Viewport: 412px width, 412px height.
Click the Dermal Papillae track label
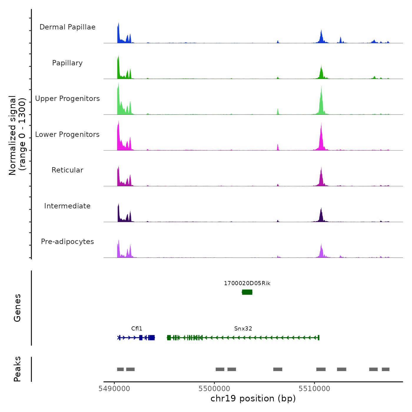(67, 27)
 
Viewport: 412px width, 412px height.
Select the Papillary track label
(67, 63)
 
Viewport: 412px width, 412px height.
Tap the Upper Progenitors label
(67, 99)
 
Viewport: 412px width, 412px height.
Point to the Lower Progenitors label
(67, 134)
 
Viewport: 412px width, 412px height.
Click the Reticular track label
(67, 170)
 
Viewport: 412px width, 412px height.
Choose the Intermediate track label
(67, 206)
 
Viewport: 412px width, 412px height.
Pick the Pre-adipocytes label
(67, 242)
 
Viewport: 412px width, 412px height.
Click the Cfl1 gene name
(137, 328)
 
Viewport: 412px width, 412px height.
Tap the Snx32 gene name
(243, 328)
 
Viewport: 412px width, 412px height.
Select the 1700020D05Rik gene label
(247, 283)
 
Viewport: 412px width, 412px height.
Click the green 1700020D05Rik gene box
(247, 292)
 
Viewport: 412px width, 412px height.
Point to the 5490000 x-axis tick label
(114, 389)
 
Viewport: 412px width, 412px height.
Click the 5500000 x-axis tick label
(214, 389)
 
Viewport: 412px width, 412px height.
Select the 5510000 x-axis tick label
(314, 389)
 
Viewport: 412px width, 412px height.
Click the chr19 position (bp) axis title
(253, 398)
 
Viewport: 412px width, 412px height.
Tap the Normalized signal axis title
(17, 135)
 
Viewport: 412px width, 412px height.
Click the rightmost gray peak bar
(386, 369)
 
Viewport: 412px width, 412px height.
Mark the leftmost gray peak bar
(120, 369)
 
